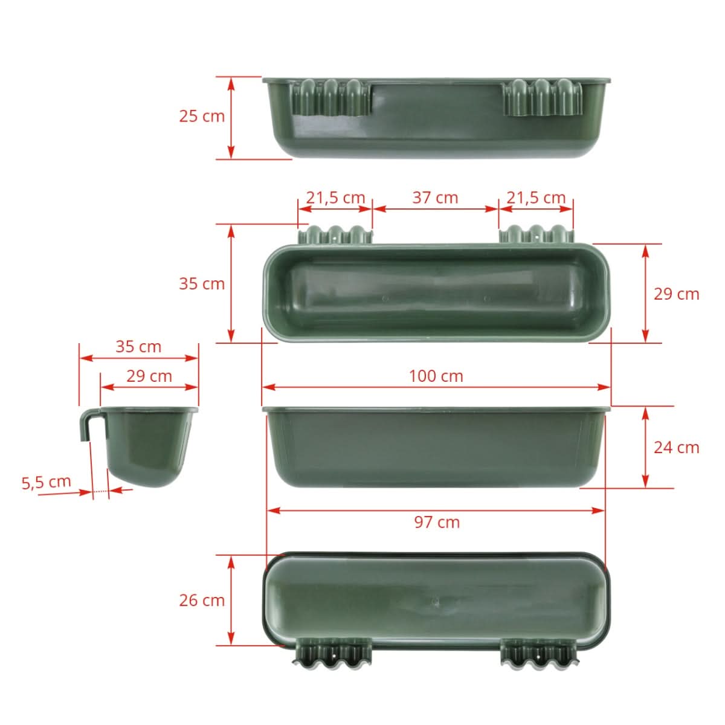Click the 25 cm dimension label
coord(201,115)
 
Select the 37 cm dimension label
coord(435,198)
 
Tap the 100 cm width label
coord(436,376)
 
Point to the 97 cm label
coord(436,522)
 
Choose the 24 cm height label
coord(676,447)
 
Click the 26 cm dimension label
coord(201,600)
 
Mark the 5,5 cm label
coord(47,482)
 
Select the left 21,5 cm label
coord(335,198)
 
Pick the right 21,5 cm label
coord(536,198)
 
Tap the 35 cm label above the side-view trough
coord(138,346)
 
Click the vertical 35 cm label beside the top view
coord(201,283)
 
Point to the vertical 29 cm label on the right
coord(676,294)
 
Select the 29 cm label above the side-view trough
coord(149,376)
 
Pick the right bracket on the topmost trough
coord(543,97)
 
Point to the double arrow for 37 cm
coord(435,209)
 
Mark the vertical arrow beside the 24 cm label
coord(645,447)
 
